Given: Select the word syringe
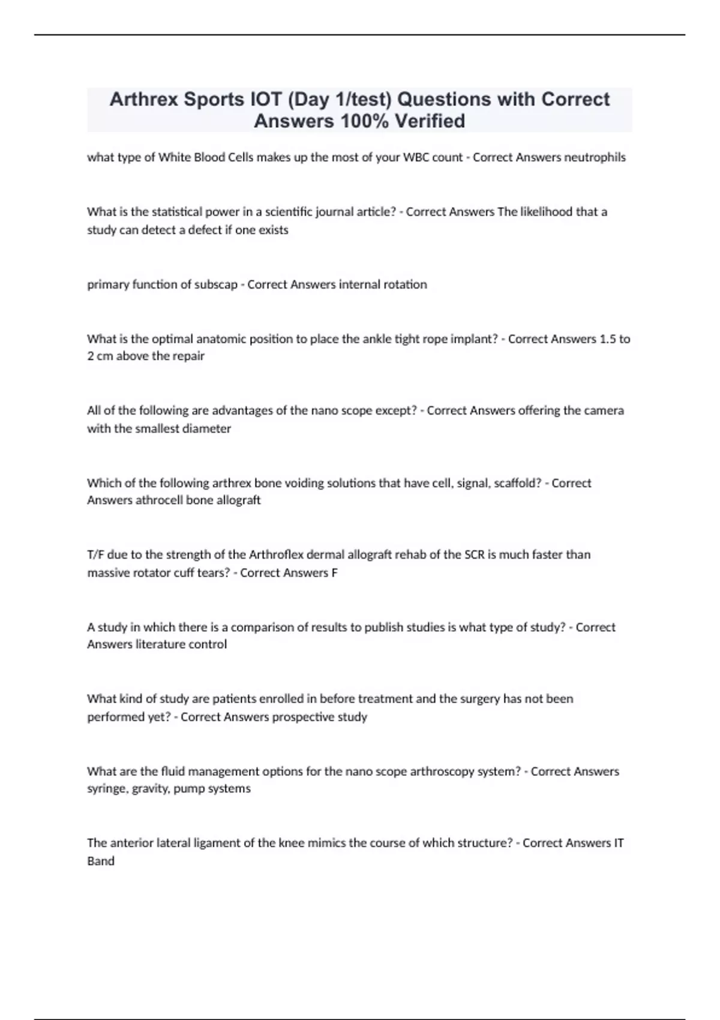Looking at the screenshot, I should (x=107, y=789).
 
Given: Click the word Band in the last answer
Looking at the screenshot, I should (x=101, y=861).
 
